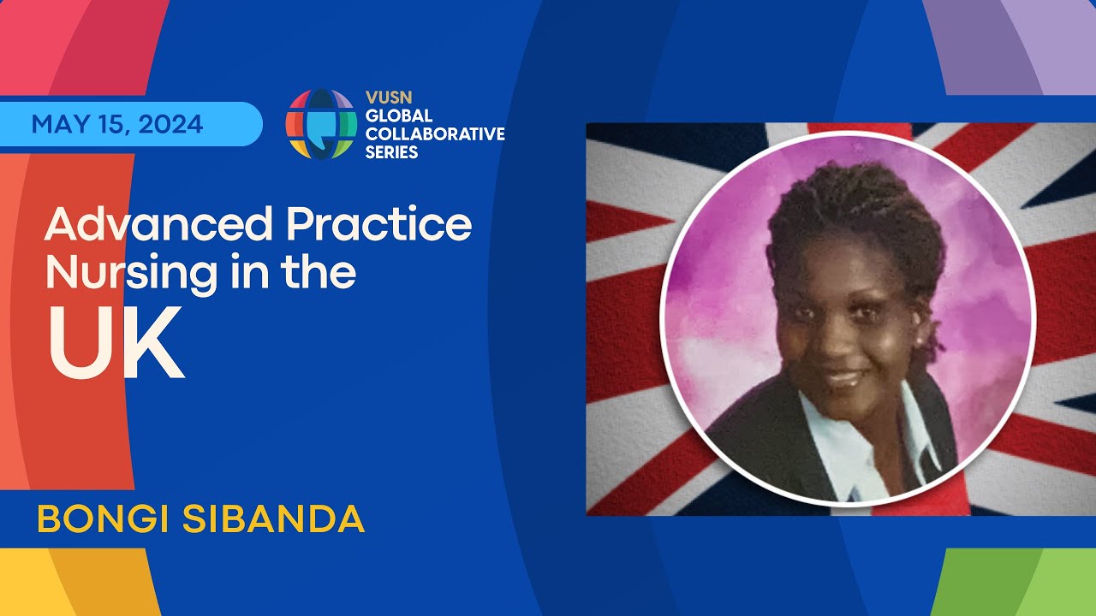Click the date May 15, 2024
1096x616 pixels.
[117, 124]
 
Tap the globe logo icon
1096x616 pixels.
[321, 124]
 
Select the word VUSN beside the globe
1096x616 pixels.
[389, 98]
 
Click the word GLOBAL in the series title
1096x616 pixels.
[399, 115]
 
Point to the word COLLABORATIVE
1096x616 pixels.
[435, 134]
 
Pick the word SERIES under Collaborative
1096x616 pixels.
[391, 152]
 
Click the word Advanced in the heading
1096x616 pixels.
[158, 223]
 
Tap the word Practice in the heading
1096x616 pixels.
[379, 223]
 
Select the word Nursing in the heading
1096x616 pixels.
[132, 273]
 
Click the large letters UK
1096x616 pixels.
[116, 343]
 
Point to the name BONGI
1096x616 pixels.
[104, 518]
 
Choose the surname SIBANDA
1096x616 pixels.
[273, 518]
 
